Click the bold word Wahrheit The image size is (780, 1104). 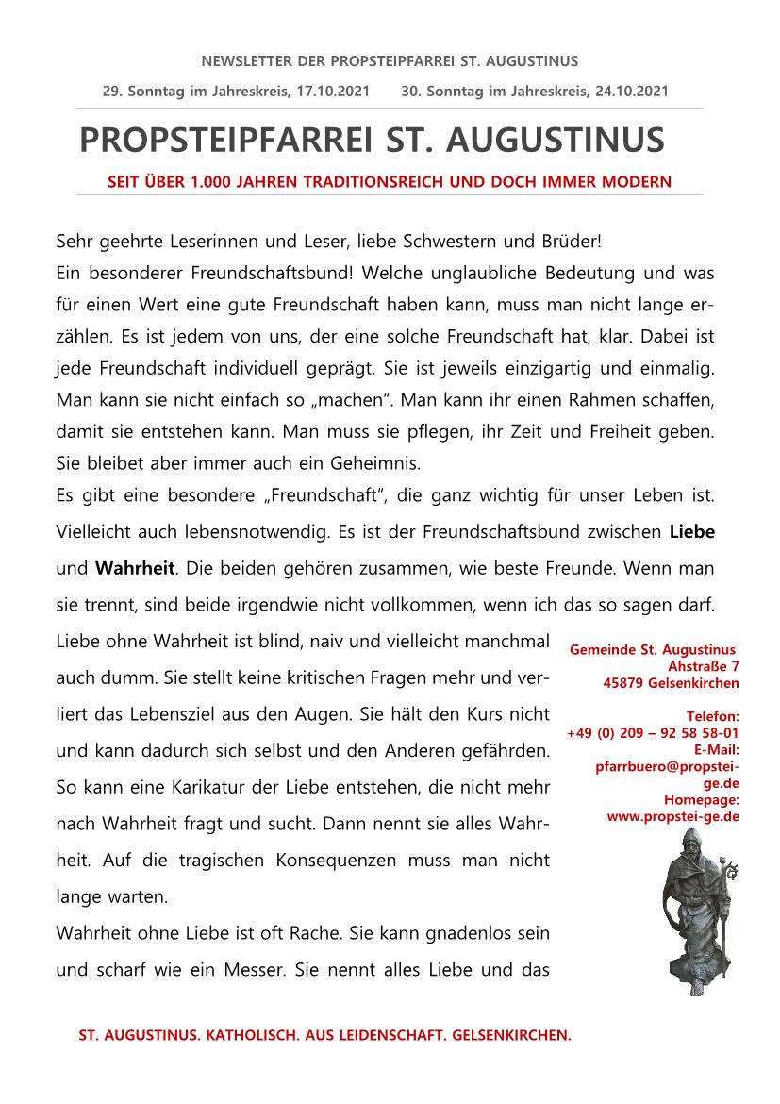pyautogui.click(x=135, y=568)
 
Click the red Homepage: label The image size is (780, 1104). pyautogui.click(x=704, y=800)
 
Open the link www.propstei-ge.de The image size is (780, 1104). pyautogui.click(x=673, y=816)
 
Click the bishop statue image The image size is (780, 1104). pyautogui.click(x=694, y=906)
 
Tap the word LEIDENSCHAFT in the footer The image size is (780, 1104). pyautogui.click(x=377, y=1035)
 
